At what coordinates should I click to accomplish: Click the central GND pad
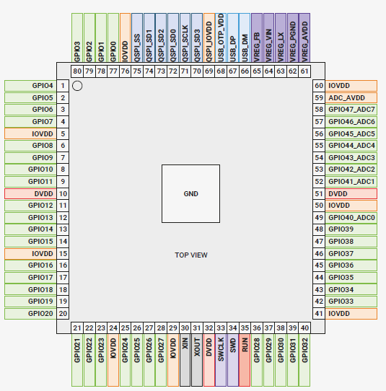click(190, 193)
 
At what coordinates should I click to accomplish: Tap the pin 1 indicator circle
click(77, 86)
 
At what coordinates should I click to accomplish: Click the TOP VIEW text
click(191, 255)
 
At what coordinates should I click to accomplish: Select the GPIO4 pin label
click(30, 86)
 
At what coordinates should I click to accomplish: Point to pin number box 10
click(63, 194)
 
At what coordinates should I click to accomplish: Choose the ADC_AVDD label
click(351, 98)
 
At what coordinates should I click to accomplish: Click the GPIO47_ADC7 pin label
click(351, 110)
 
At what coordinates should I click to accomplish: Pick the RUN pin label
click(245, 360)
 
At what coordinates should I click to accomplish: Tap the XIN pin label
click(185, 360)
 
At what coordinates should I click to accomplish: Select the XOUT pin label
click(197, 360)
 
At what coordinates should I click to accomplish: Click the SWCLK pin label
click(221, 360)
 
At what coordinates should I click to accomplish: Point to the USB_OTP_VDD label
click(221, 38)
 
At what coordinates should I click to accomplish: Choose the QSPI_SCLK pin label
click(185, 38)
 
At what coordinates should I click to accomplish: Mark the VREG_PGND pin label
click(293, 38)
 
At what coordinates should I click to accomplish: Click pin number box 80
click(77, 71)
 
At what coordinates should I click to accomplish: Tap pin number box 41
click(319, 313)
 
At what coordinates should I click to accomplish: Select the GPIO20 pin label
click(30, 313)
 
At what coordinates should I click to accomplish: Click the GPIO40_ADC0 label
click(351, 217)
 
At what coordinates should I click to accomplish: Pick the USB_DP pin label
click(232, 38)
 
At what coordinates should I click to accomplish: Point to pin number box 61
click(304, 71)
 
